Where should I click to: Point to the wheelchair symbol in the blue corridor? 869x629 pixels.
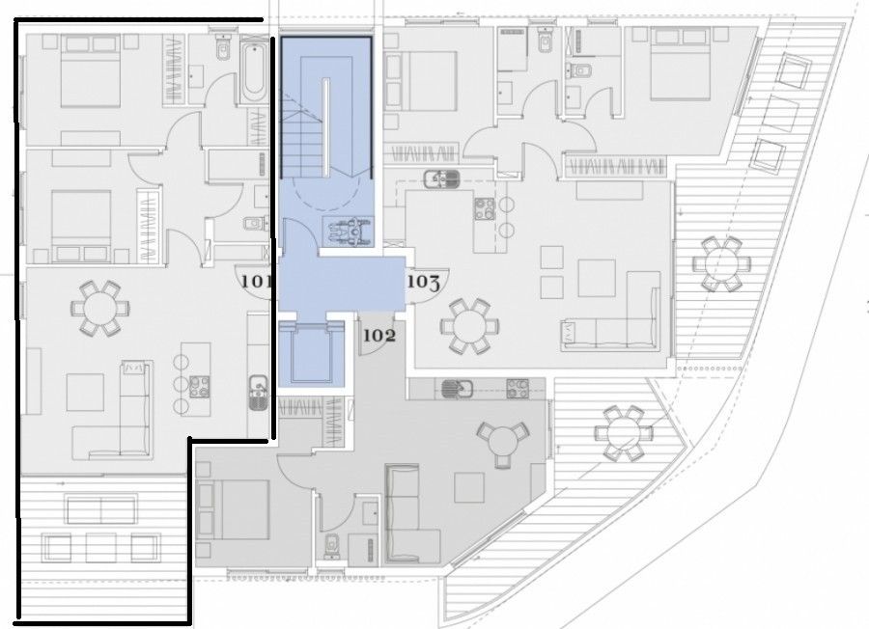(x=347, y=232)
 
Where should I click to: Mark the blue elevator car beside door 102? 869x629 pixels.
(x=313, y=357)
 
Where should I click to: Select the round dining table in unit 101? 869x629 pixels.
(x=98, y=308)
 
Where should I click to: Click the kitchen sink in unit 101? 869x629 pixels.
(x=258, y=390)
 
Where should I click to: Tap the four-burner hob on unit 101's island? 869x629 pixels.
(x=199, y=386)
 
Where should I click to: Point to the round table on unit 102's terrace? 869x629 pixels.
(x=618, y=432)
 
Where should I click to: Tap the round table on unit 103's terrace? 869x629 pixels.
(x=719, y=260)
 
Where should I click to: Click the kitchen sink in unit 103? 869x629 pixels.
(x=442, y=178)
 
